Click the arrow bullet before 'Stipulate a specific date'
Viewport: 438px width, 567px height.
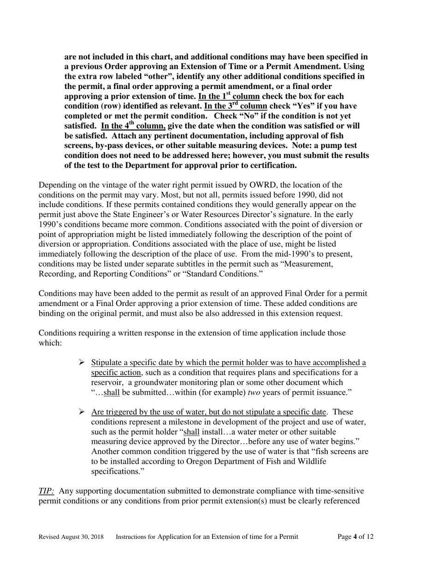point(82,362)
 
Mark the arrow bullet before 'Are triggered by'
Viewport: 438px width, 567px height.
point(82,412)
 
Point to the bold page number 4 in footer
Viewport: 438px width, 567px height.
point(355,537)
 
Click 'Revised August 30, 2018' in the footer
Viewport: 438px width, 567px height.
point(71,537)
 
